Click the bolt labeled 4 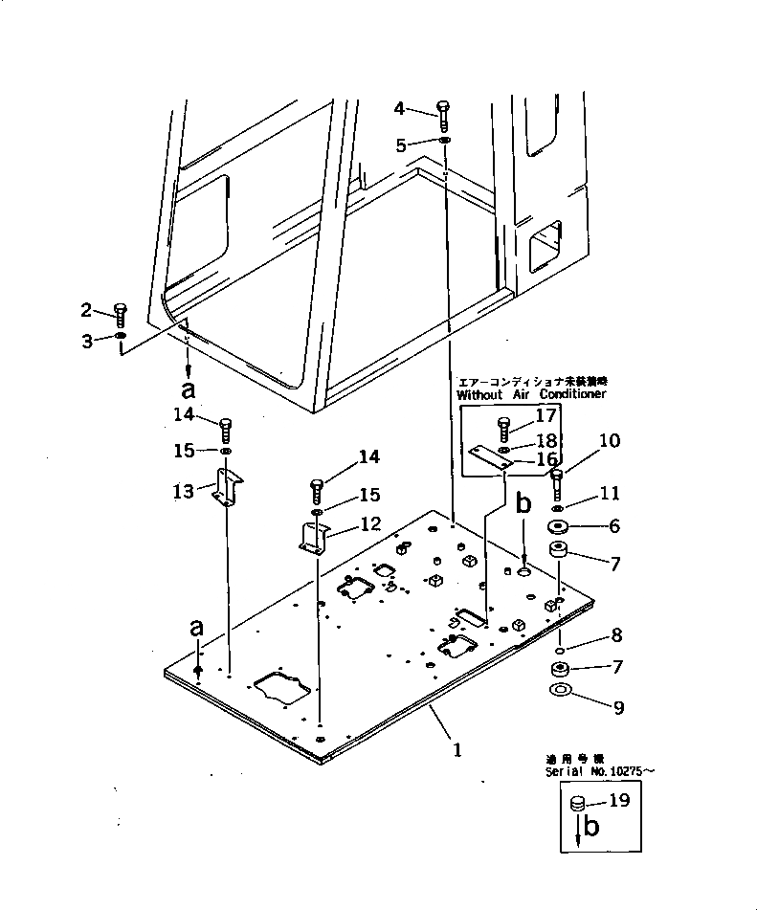coord(443,115)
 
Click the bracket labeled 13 coord(227,487)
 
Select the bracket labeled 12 coord(314,538)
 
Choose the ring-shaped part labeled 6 coord(559,526)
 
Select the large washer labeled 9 coord(561,690)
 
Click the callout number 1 coord(458,750)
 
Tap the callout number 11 coord(610,493)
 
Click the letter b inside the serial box coord(591,829)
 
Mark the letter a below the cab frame coord(188,390)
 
